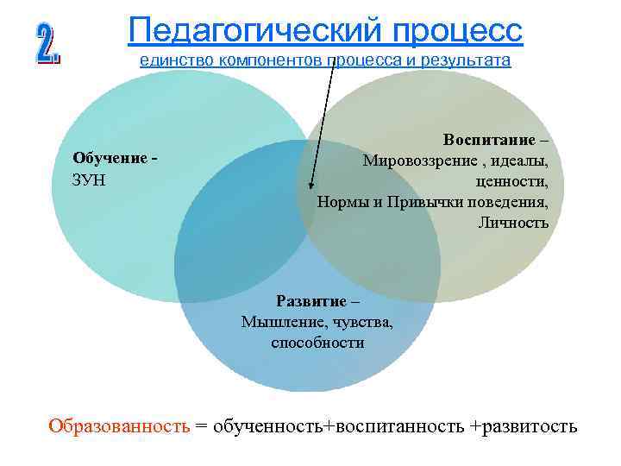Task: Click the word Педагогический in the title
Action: (x=245, y=31)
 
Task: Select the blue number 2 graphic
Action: (x=47, y=43)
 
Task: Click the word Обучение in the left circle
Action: (x=110, y=158)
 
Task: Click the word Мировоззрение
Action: (x=417, y=161)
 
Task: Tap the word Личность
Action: (x=513, y=223)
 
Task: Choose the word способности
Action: (x=317, y=343)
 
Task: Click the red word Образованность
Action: (x=118, y=426)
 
